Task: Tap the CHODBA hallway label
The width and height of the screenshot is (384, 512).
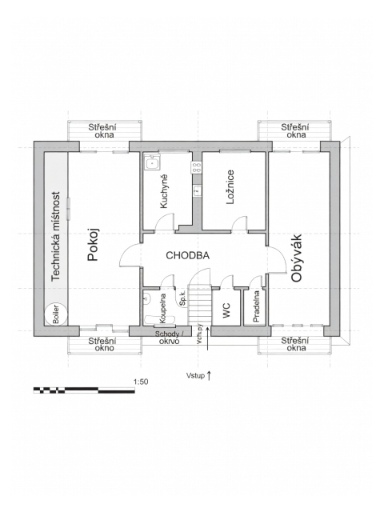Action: [x=188, y=255]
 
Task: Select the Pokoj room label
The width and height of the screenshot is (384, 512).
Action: [x=94, y=245]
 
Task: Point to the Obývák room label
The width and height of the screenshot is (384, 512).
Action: [x=297, y=258]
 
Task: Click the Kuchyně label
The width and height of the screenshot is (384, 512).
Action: [x=163, y=191]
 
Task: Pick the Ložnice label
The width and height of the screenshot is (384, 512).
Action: [x=230, y=186]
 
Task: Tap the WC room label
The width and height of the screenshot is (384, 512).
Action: [x=226, y=310]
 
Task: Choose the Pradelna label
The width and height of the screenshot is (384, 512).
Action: [x=256, y=306]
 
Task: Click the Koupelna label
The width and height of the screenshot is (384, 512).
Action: [x=162, y=308]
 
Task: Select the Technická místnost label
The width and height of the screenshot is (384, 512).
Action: [x=56, y=237]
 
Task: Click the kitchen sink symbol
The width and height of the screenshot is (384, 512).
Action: [x=152, y=162]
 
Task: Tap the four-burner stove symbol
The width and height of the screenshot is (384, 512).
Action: [x=196, y=167]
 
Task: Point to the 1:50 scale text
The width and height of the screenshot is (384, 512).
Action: [x=141, y=382]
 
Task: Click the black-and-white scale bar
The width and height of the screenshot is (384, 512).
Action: [x=84, y=390]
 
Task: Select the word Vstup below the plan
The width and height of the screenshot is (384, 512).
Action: [x=195, y=375]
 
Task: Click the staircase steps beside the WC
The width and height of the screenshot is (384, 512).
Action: [x=200, y=306]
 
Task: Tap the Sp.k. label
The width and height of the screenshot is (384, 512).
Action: [x=182, y=298]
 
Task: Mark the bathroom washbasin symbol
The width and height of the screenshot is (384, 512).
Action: [x=146, y=298]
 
